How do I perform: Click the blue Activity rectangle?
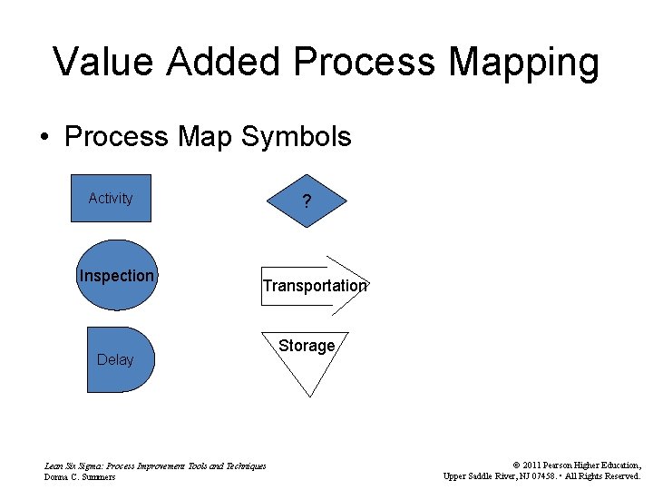click(111, 198)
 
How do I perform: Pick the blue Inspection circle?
click(116, 276)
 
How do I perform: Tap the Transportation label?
click(315, 286)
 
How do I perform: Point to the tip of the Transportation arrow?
click(368, 283)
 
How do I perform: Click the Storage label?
click(307, 346)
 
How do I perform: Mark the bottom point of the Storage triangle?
click(309, 396)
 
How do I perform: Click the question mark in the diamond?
click(307, 202)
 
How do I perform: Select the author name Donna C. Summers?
click(80, 477)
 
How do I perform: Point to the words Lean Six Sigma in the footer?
click(73, 465)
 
